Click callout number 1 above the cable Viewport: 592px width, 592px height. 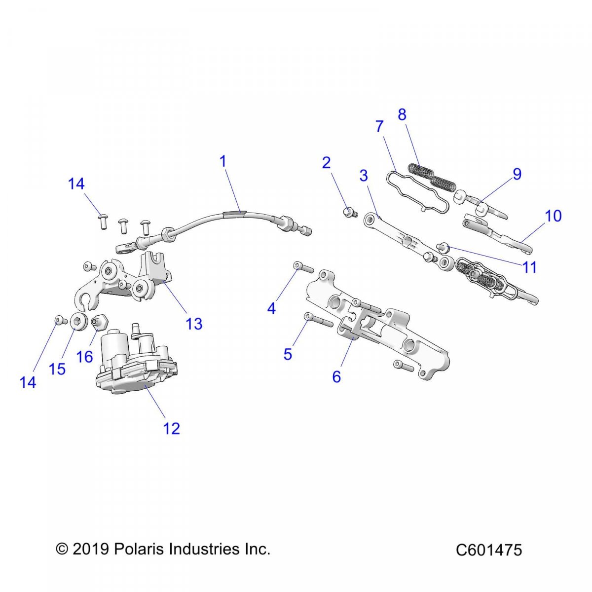point(222,161)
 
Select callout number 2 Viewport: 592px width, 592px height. point(326,163)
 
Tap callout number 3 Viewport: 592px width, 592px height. point(364,176)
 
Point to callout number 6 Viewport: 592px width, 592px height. point(336,377)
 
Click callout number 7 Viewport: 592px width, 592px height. point(379,127)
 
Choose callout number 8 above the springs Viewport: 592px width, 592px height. point(402,114)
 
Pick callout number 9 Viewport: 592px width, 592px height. point(517,174)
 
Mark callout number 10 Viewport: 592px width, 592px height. point(554,216)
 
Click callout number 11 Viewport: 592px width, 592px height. point(529,267)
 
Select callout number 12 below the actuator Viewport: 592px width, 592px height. point(172,428)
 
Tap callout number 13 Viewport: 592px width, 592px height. point(194,324)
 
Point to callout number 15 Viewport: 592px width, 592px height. point(58,369)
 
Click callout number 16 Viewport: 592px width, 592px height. point(85,356)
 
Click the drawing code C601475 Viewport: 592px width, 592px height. point(488,550)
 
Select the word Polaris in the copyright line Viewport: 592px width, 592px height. point(140,549)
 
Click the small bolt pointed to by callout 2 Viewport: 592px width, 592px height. point(350,213)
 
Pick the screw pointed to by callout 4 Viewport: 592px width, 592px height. point(303,267)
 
